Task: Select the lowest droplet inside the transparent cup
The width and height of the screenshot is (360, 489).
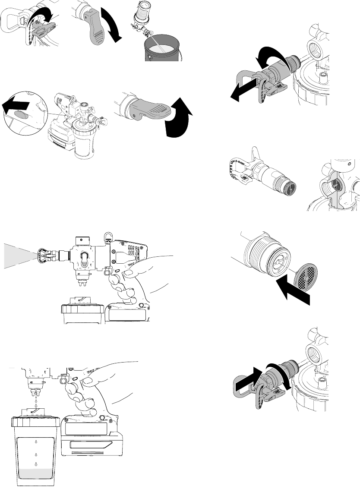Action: (x=36, y=464)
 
